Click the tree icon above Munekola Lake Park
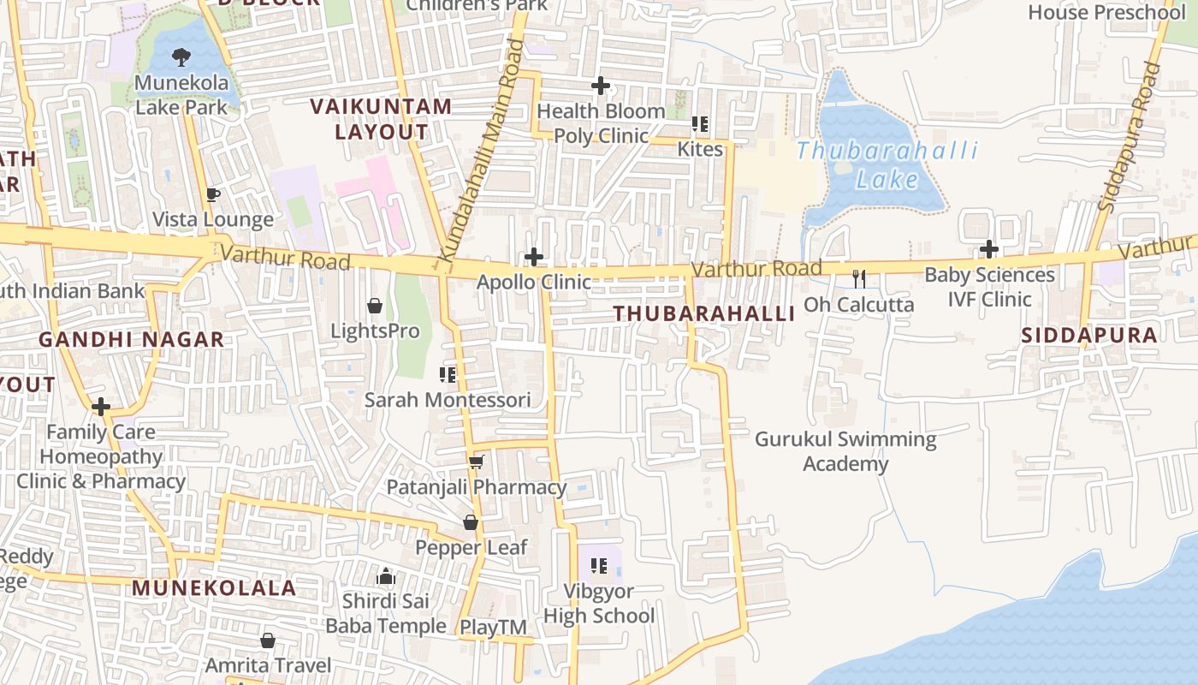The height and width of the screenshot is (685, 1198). click(181, 57)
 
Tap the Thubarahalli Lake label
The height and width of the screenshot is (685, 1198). click(887, 165)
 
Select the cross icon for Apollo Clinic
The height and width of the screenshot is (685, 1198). click(534, 257)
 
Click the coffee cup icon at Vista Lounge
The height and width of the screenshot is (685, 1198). click(212, 195)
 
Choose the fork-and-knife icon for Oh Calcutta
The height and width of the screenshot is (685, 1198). click(859, 278)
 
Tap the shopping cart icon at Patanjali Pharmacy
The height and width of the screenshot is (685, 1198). click(477, 462)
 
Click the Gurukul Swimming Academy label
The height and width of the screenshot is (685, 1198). click(845, 451)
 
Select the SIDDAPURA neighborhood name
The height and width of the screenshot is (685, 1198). click(1089, 335)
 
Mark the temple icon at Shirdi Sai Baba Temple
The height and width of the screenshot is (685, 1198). click(386, 576)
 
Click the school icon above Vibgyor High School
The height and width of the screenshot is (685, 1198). click(599, 566)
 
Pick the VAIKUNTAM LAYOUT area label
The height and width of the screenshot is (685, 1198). click(381, 119)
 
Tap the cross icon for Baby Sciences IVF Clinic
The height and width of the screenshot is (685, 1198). click(989, 250)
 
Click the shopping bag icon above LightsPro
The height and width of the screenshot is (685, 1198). click(375, 306)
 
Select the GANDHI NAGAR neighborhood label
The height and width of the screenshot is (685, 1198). click(131, 340)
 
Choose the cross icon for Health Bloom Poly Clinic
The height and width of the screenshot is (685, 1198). click(601, 86)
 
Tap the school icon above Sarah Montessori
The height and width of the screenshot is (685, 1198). click(447, 375)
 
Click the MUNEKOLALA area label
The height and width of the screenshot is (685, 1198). click(214, 588)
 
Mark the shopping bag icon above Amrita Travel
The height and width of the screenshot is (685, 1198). click(268, 640)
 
